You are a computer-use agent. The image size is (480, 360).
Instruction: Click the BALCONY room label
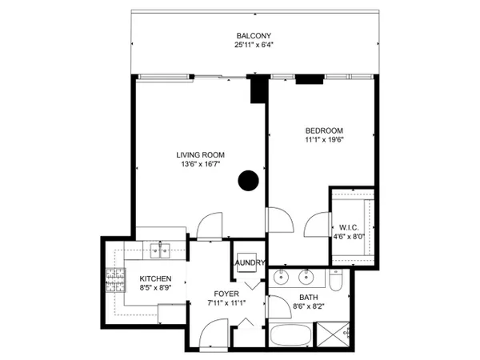(x=254, y=36)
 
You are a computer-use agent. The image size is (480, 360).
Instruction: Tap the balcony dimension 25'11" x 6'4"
(x=254, y=45)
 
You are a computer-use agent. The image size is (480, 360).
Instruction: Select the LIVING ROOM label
(x=201, y=155)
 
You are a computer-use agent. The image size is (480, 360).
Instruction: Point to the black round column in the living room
(x=248, y=181)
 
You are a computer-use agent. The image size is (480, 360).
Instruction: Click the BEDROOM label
(x=324, y=130)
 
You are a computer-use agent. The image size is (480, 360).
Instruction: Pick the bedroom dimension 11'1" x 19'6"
(x=324, y=140)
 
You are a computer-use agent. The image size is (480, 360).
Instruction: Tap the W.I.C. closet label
(x=349, y=228)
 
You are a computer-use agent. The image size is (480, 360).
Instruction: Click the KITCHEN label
(x=155, y=278)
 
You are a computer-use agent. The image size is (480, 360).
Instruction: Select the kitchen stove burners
(x=116, y=280)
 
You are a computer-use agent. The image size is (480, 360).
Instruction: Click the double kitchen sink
(x=160, y=250)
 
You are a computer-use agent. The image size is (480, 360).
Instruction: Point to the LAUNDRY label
(x=248, y=262)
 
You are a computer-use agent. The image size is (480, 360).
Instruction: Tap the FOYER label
(x=226, y=294)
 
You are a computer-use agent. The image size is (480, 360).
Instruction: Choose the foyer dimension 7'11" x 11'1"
(x=226, y=303)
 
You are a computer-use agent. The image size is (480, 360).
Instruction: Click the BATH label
(x=309, y=298)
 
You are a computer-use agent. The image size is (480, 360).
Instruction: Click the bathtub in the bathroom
(x=290, y=335)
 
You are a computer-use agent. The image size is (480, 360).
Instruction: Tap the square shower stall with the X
(x=333, y=334)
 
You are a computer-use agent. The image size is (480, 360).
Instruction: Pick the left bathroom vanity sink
(x=282, y=277)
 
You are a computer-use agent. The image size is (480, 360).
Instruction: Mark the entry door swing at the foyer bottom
(x=214, y=333)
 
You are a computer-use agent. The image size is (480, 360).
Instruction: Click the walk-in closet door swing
(x=317, y=224)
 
